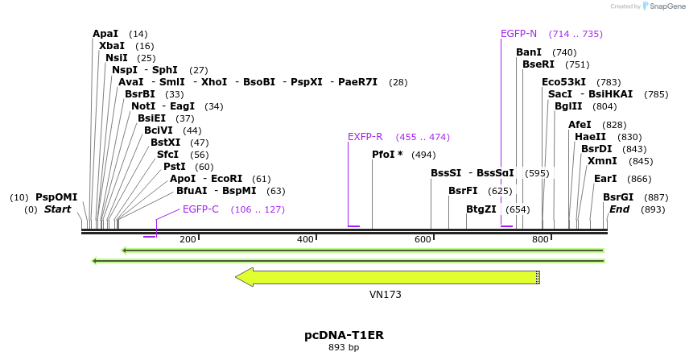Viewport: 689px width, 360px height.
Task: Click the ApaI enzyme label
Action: click(105, 34)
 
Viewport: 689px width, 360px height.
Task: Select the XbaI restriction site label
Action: click(112, 46)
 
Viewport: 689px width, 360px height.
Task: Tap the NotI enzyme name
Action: click(144, 106)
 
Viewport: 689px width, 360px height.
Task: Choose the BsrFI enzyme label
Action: click(463, 191)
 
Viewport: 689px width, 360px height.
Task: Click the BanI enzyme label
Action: click(529, 52)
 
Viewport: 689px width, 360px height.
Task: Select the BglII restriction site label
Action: click(567, 106)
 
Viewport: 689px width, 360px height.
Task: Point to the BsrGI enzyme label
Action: click(618, 197)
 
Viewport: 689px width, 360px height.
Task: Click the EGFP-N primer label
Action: click(518, 34)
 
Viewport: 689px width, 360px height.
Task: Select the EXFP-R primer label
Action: click(365, 137)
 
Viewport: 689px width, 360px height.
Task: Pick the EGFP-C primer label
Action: click(200, 209)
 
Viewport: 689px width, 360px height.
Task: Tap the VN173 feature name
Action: click(386, 295)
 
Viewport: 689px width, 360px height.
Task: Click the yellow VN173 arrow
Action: click(387, 277)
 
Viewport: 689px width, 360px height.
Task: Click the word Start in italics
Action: click(57, 209)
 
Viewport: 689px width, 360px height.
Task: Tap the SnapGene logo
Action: click(661, 6)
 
